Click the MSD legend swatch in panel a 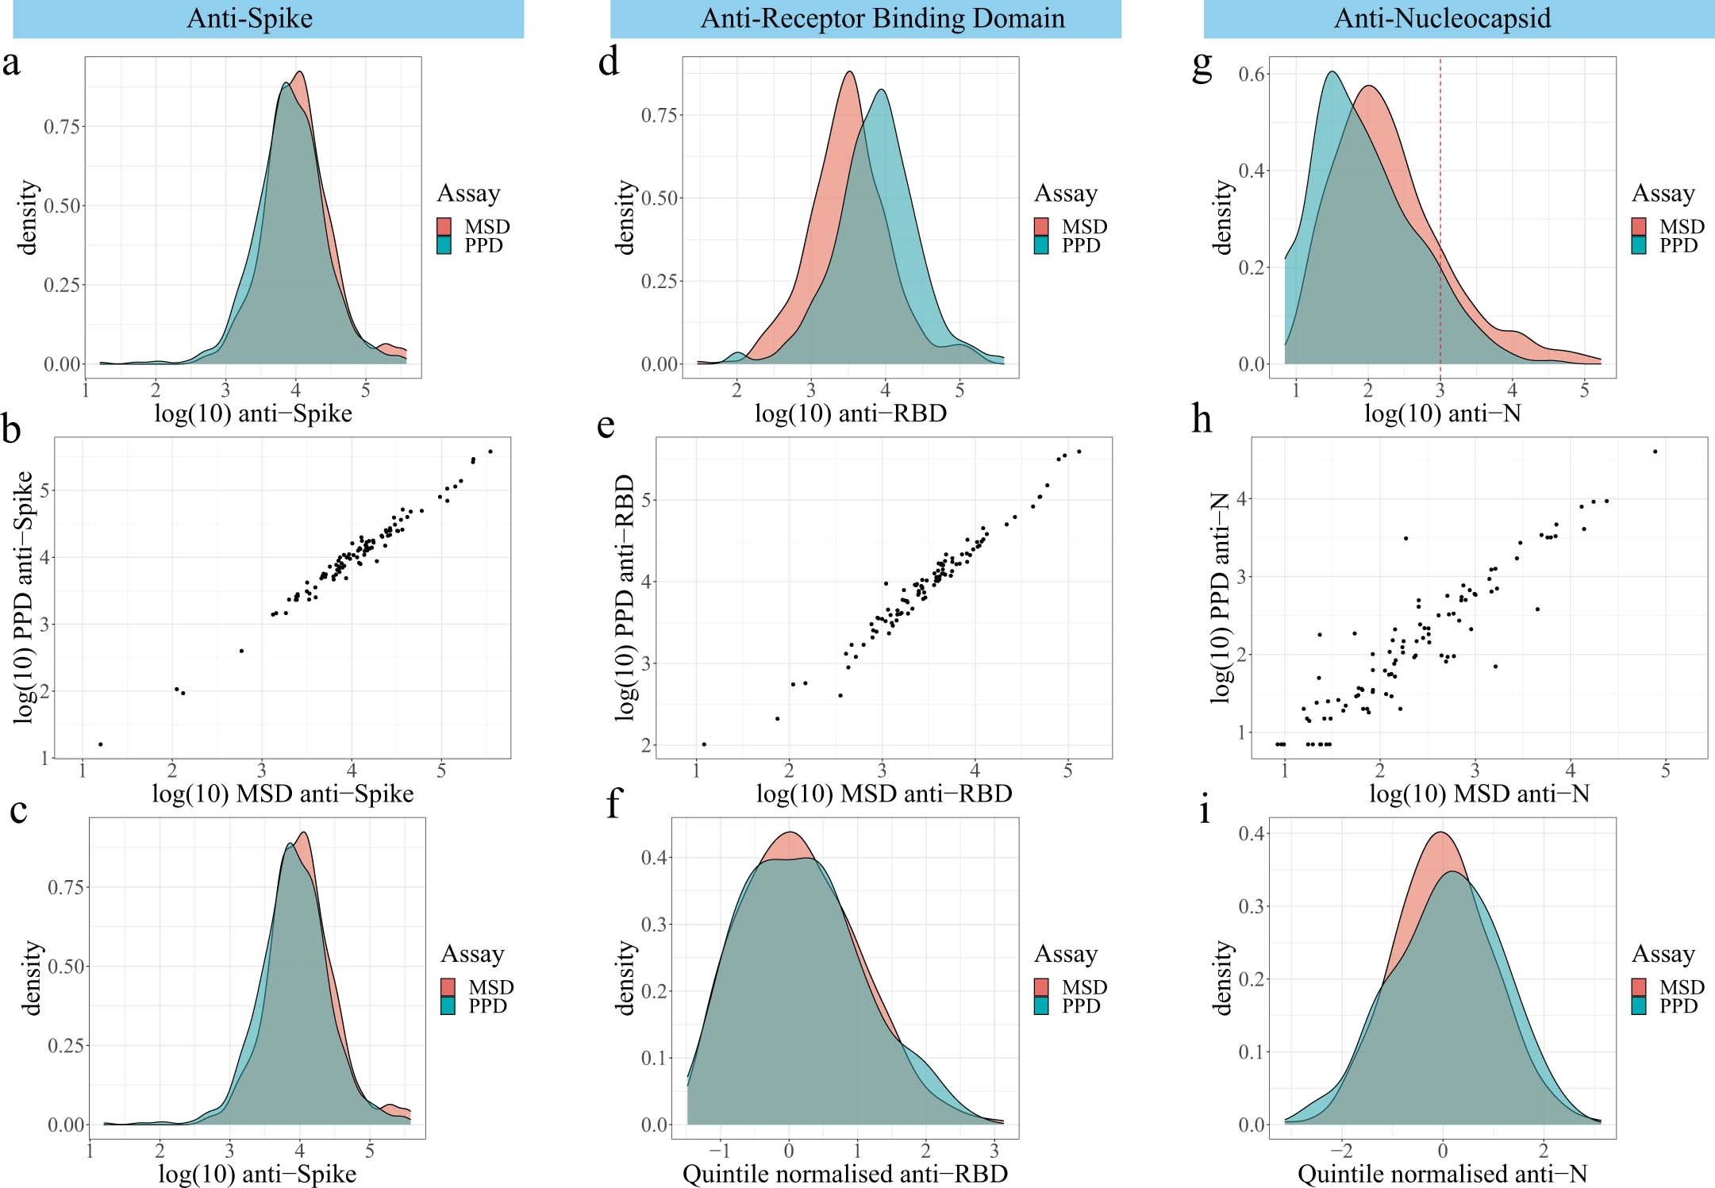point(444,227)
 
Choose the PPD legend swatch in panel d point(1041,246)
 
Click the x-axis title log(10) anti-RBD point(850,413)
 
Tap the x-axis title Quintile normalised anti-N point(1442,1174)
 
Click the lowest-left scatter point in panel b point(101,744)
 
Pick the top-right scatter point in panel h point(1655,452)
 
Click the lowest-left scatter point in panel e point(704,744)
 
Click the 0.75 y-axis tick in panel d point(659,116)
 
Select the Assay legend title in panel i point(1663,954)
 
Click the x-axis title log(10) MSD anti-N point(1479,794)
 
